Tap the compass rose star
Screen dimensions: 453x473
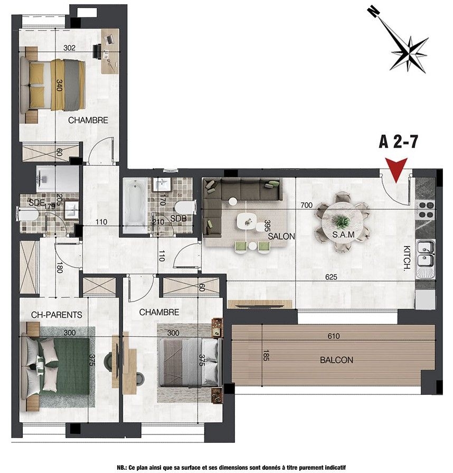[x=410, y=54]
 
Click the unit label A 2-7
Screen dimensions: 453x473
[x=399, y=142]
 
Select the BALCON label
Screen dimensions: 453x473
[x=336, y=360]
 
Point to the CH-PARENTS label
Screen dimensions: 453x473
[x=56, y=315]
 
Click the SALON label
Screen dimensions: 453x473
[x=281, y=236]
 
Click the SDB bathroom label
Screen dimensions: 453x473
[x=178, y=219]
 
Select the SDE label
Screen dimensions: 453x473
[x=36, y=203]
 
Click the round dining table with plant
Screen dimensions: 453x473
[x=342, y=223]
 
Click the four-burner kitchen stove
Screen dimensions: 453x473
[x=425, y=210]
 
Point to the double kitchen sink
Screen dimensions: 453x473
[x=426, y=259]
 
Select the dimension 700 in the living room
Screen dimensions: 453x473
[x=306, y=205]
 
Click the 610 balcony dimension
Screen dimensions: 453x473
[x=334, y=336]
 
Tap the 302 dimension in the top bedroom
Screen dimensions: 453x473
[x=69, y=48]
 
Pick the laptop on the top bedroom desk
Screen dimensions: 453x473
[x=109, y=39]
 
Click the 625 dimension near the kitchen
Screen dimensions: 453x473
[x=331, y=277]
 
